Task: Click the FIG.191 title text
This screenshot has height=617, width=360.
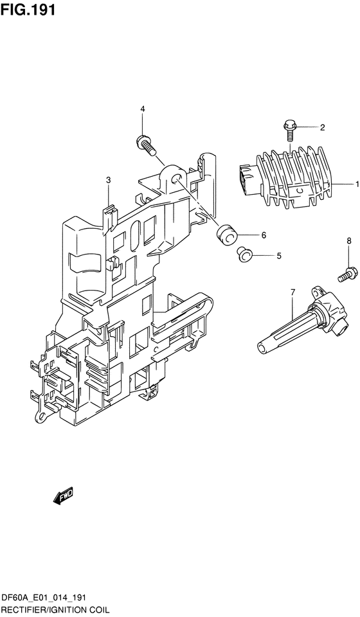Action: (28, 10)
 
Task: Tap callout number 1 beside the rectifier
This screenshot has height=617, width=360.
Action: (357, 184)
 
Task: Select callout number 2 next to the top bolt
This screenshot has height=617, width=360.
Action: (322, 127)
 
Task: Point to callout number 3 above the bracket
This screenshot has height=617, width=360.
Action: (109, 180)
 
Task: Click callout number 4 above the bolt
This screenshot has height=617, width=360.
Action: (143, 109)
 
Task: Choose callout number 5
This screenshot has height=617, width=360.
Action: (278, 256)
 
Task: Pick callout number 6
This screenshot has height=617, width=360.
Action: (264, 235)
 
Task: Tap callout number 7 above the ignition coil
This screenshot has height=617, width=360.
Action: (292, 292)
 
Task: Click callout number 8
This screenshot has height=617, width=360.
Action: (348, 241)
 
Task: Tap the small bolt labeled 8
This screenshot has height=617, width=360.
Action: (347, 274)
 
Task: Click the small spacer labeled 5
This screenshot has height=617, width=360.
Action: (244, 254)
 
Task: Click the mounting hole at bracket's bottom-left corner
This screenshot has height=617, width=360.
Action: (40, 415)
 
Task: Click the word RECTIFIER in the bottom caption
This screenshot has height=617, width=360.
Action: (24, 611)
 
